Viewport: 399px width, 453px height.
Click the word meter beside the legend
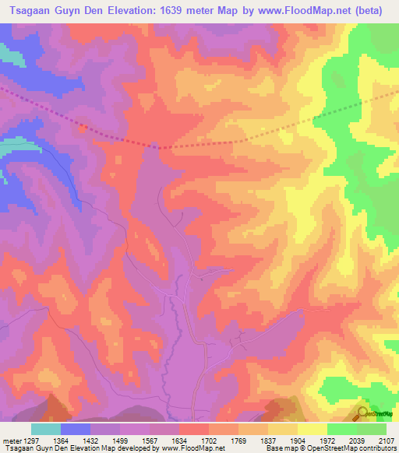(8, 440)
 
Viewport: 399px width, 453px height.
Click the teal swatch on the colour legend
(46, 429)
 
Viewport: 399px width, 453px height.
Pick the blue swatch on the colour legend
(76, 429)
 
